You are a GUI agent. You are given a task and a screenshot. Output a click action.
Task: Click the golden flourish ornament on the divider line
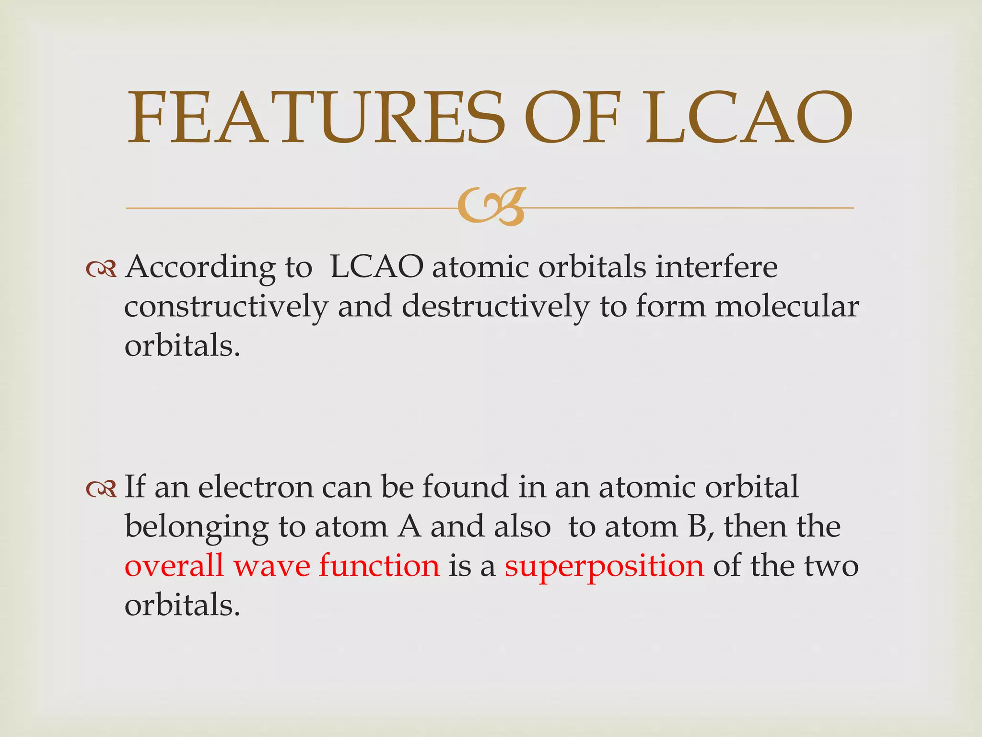(491, 207)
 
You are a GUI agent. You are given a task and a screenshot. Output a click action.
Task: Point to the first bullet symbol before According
(101, 269)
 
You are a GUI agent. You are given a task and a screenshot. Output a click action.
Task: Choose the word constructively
(226, 307)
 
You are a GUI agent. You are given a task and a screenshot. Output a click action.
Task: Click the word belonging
(197, 527)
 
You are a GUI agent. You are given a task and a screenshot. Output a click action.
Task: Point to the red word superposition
(604, 566)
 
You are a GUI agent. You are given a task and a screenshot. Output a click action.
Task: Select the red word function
(379, 566)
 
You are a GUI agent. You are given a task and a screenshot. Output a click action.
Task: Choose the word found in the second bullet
(465, 487)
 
